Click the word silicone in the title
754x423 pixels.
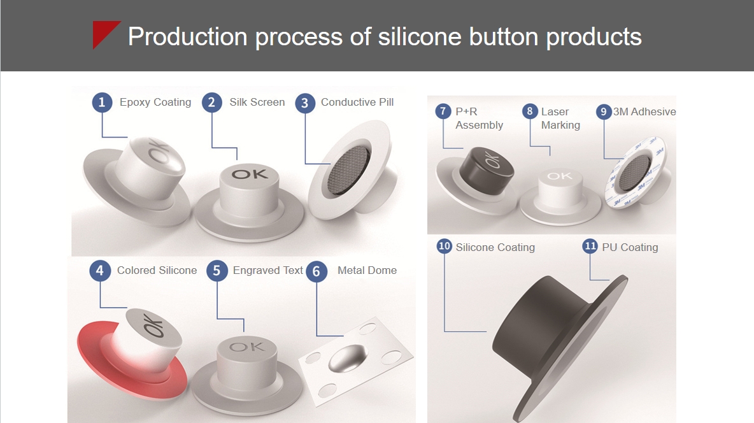(420, 36)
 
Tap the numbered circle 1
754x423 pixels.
(102, 103)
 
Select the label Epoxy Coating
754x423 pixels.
(155, 103)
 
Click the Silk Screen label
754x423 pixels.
(257, 102)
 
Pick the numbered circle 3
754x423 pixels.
(305, 103)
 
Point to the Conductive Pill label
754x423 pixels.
(357, 102)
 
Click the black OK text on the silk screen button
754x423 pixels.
(249, 173)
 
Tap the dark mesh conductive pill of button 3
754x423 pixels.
(348, 170)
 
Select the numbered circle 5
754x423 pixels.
(217, 271)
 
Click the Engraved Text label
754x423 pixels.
(268, 271)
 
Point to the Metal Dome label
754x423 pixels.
(367, 271)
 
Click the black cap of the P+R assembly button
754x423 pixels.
(486, 169)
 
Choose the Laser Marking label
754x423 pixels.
(560, 118)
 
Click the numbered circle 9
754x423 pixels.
(604, 112)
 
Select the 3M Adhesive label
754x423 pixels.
(644, 111)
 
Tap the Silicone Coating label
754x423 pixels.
(495, 247)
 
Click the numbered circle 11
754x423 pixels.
(590, 247)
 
